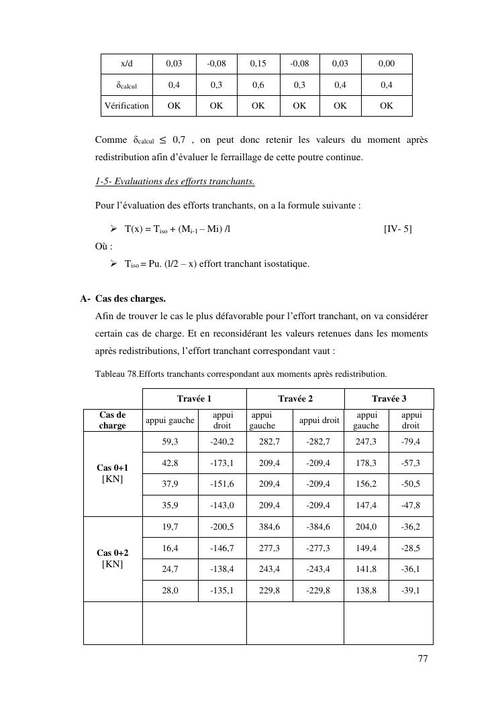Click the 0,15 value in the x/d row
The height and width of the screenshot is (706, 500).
(x=258, y=64)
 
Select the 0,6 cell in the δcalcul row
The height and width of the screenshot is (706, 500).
(x=258, y=85)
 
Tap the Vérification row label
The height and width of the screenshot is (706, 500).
(x=127, y=106)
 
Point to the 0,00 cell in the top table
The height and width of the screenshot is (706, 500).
(x=387, y=64)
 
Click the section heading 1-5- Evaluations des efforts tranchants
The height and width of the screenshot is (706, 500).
(x=174, y=182)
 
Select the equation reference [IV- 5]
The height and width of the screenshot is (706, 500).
(x=397, y=229)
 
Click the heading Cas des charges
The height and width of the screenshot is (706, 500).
(x=130, y=299)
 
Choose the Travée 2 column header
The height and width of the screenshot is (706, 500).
(x=295, y=398)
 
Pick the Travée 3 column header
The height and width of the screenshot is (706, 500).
(x=389, y=398)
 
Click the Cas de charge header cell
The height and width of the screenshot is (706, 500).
(x=112, y=420)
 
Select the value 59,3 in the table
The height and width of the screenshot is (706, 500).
(x=170, y=442)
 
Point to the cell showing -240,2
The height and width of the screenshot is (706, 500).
(x=222, y=442)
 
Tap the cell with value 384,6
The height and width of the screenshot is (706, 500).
(x=270, y=527)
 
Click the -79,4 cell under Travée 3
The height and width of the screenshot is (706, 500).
(x=411, y=442)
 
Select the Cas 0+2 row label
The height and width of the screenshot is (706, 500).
(x=112, y=558)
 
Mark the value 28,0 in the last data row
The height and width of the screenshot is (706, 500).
(x=170, y=591)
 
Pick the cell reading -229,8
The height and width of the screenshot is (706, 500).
(x=318, y=591)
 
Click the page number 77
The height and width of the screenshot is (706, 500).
(x=422, y=658)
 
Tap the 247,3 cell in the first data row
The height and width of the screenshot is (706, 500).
(x=366, y=442)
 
